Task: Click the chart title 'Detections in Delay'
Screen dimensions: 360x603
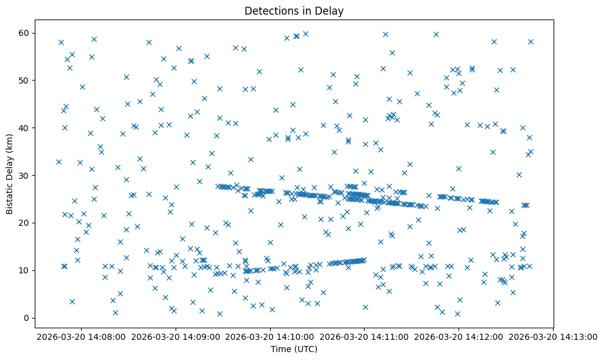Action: [x=294, y=10]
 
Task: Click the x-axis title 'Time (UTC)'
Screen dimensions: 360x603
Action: [x=294, y=349]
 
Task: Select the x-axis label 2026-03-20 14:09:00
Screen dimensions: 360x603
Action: [x=176, y=336]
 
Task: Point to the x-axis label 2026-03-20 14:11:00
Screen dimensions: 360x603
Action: [x=365, y=336]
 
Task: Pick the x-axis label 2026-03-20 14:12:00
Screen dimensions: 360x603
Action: [x=459, y=336]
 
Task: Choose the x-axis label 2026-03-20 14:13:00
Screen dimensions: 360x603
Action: [x=554, y=336]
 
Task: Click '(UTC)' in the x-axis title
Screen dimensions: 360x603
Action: [x=305, y=349]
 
